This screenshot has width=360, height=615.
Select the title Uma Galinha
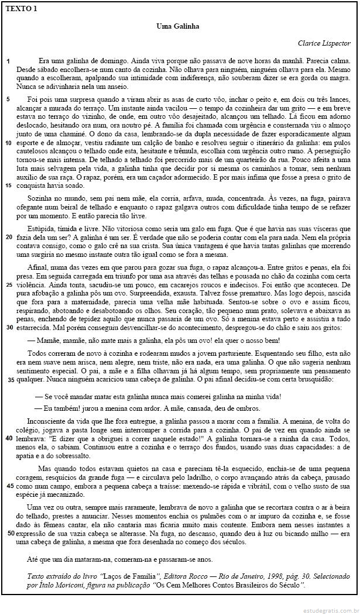(x=179, y=26)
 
